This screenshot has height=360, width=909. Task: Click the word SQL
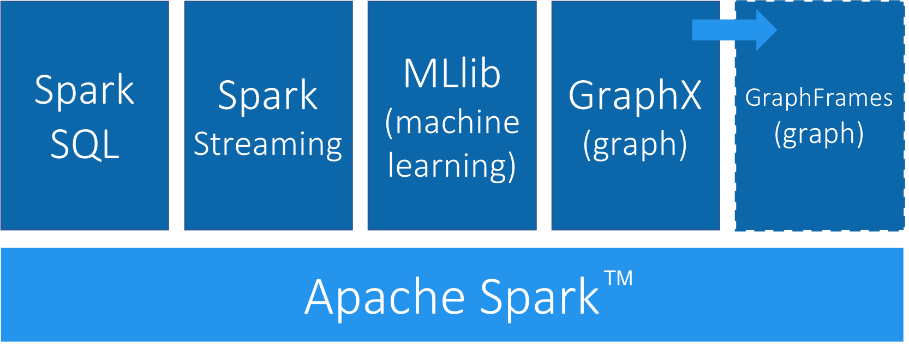pyautogui.click(x=85, y=145)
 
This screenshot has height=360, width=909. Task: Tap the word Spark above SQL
pyautogui.click(x=85, y=91)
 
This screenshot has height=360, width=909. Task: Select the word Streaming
pyautogui.click(x=268, y=145)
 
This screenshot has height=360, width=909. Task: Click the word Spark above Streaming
pyautogui.click(x=268, y=96)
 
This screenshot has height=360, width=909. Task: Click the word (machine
pyautogui.click(x=452, y=122)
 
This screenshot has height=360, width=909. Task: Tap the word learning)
pyautogui.click(x=452, y=166)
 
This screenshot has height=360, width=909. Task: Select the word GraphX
pyautogui.click(x=635, y=96)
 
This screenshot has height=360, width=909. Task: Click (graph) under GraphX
pyautogui.click(x=635, y=145)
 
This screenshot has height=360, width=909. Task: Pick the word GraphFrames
pyautogui.click(x=818, y=98)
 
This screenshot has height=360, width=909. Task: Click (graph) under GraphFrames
pyautogui.click(x=818, y=134)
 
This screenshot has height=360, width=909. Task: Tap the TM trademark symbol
pyautogui.click(x=619, y=278)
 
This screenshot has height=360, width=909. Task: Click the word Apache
pyautogui.click(x=385, y=297)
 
